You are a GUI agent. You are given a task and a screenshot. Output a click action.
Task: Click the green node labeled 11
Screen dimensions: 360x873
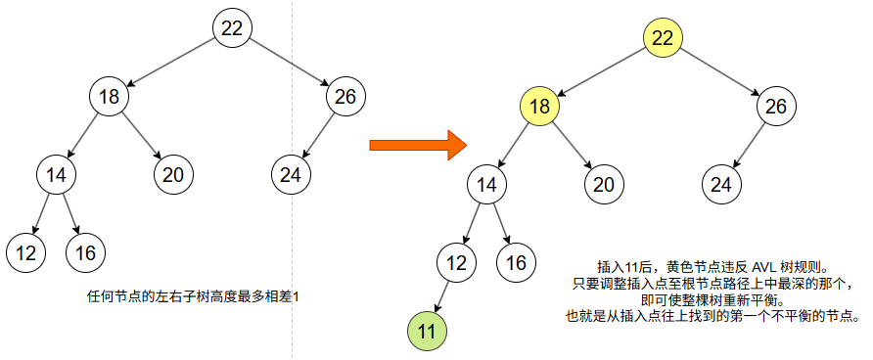(427, 331)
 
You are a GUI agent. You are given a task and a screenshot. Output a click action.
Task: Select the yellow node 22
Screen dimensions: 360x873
(663, 38)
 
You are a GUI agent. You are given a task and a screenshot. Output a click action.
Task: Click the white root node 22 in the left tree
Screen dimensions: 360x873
(232, 28)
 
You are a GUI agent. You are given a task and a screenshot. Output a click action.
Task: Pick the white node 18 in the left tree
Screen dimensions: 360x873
(109, 97)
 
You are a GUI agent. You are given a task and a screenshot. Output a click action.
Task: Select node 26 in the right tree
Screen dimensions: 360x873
(775, 107)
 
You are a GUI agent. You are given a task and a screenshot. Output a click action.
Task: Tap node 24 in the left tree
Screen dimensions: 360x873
(290, 175)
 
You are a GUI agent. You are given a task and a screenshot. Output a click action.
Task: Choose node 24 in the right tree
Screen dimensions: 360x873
(720, 183)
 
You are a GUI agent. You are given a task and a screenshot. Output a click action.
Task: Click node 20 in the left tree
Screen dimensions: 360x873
(173, 175)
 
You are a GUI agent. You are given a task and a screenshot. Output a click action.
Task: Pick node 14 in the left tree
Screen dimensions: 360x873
(56, 175)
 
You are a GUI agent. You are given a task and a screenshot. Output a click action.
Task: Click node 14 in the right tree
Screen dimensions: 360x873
(486, 183)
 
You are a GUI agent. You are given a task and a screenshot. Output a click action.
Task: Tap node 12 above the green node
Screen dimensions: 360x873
(457, 261)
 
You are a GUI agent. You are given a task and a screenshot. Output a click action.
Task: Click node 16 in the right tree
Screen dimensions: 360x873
(517, 261)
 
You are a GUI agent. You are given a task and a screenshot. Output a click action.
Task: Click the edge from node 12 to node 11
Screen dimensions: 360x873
(441, 295)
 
